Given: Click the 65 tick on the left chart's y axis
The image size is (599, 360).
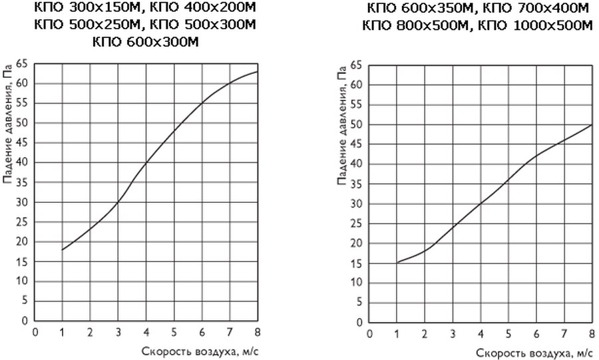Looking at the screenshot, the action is click(22, 64).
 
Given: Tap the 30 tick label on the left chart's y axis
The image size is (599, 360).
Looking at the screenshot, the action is click(22, 202).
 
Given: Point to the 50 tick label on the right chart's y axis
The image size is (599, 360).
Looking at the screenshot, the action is click(356, 125).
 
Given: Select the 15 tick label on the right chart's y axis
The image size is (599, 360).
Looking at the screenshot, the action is click(356, 264).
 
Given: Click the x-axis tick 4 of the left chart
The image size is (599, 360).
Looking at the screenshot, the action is click(146, 332).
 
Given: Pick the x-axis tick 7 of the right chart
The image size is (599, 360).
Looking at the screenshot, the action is click(564, 334).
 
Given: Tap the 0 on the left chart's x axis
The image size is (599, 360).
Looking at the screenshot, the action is click(35, 332).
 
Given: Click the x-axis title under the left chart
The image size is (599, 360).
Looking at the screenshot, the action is click(200, 351).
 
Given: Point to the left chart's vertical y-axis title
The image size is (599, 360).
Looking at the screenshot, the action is click(8, 123).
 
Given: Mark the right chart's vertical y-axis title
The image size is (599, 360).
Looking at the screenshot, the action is click(342, 126).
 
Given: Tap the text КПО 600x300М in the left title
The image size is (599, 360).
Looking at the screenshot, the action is click(146, 41).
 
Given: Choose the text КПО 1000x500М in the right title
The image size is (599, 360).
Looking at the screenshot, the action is click(535, 25).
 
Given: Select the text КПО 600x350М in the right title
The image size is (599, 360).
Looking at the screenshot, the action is click(419, 8).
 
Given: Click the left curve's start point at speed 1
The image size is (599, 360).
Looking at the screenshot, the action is click(62, 250).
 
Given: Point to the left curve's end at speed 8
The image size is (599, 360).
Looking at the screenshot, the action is click(258, 71).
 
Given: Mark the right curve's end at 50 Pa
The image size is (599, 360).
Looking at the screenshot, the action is click(592, 125).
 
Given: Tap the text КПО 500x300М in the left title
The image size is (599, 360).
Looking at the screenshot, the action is click(203, 25).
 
